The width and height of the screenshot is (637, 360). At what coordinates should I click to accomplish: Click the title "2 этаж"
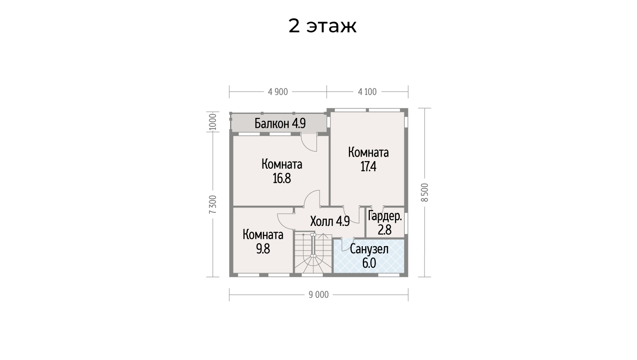coord(322,26)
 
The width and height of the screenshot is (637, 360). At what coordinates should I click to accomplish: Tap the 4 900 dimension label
coord(278,92)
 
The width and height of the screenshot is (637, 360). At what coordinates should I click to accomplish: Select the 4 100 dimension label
coord(367,92)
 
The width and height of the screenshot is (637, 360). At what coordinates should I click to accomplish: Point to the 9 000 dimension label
coord(319,295)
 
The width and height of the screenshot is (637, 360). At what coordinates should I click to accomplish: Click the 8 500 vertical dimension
coord(425,193)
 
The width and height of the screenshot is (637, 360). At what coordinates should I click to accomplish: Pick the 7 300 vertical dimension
coord(212,204)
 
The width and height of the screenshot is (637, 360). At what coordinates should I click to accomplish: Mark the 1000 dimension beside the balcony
coord(212,121)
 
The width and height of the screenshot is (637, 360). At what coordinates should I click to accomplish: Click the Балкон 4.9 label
coord(280,123)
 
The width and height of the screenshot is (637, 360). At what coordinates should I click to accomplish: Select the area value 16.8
coord(282,179)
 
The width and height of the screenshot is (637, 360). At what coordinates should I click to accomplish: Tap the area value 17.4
coord(368,166)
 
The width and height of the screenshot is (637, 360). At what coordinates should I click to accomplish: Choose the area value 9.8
coord(263,249)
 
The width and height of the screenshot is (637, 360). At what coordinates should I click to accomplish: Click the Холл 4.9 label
coord(330,221)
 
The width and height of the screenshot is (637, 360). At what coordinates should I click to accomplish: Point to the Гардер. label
coord(385,216)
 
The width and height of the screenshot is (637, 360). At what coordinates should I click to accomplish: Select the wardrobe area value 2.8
coord(384,230)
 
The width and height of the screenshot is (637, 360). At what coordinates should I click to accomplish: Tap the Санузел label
coord(369,249)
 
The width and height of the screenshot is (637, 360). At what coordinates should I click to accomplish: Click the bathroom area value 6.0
coord(369,263)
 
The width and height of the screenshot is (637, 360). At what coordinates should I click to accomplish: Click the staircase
coord(313,252)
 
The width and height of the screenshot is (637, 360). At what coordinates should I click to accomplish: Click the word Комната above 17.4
coord(368,153)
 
